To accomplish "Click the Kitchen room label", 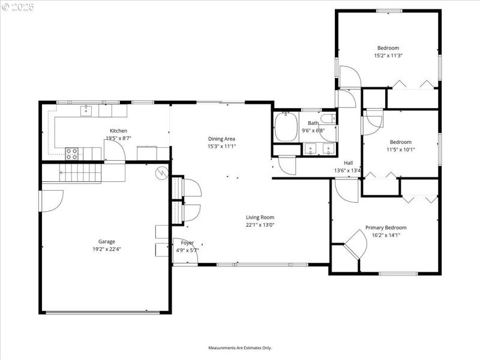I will tap(118, 131).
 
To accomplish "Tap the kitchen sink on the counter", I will tap(86, 110).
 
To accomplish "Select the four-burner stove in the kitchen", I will tap(71, 154).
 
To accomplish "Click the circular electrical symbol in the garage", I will tap(161, 173).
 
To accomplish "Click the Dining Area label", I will tap(221, 139).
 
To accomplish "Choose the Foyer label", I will tap(187, 242).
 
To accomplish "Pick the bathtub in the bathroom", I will tap(286, 127).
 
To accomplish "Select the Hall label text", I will tap(348, 163).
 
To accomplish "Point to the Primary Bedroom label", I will tap(386, 227).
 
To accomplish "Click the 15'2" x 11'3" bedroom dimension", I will tap(388, 55).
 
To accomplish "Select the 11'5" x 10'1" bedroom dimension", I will tap(400, 149).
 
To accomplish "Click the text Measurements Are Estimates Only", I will tap(240, 347).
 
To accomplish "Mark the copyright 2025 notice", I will tap(18, 7).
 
